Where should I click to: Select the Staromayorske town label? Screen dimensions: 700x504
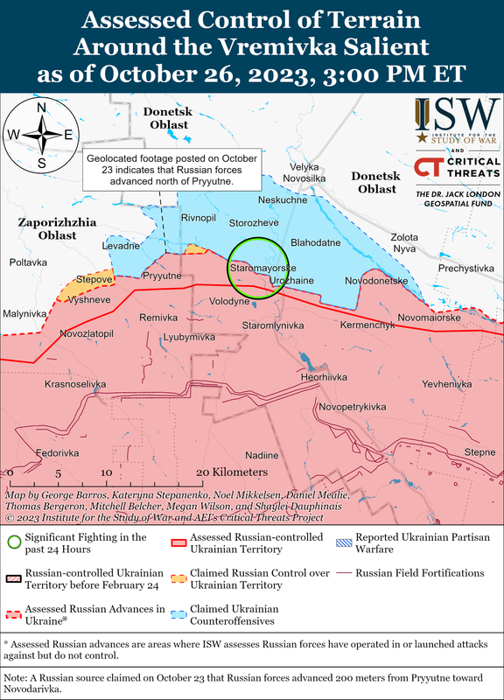(262, 266)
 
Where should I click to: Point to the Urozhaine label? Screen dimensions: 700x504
(292, 280)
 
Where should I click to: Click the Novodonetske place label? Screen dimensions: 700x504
(377, 280)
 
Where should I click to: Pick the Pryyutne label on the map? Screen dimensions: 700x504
(161, 276)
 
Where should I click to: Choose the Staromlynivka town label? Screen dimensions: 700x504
(272, 325)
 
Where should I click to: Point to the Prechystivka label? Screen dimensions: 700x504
(466, 269)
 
